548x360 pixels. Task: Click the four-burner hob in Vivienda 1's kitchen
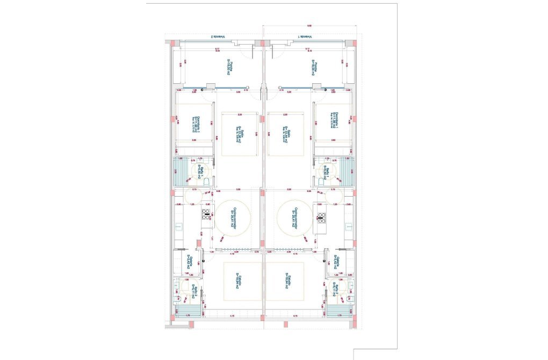pos(322,218)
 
